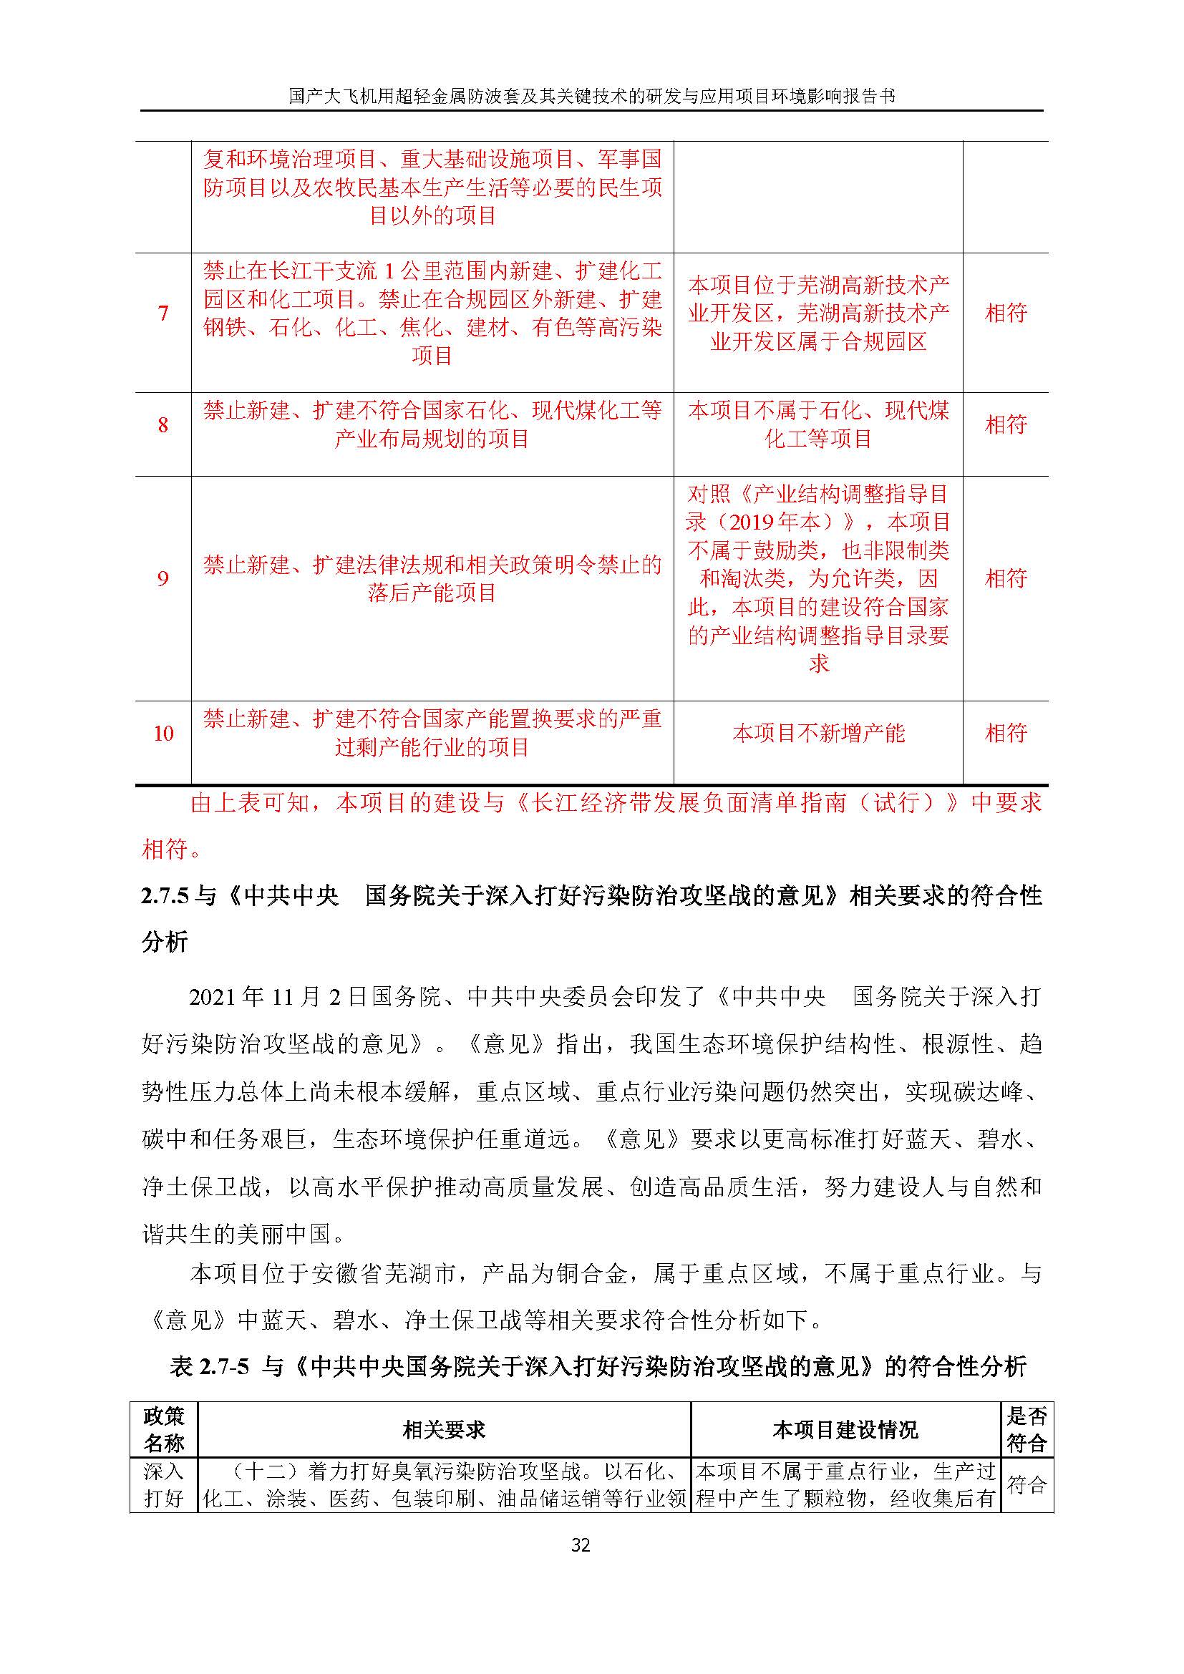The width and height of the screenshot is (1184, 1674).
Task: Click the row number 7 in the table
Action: pyautogui.click(x=163, y=313)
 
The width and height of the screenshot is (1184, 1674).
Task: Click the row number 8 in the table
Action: pyautogui.click(x=163, y=425)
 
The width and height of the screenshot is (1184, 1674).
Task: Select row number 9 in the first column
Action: pyautogui.click(x=163, y=579)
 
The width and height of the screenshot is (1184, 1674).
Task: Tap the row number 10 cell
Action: pyautogui.click(x=163, y=734)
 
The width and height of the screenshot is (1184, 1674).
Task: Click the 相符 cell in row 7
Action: pyautogui.click(x=1005, y=313)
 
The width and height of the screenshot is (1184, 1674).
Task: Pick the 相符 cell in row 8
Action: pyautogui.click(x=1005, y=425)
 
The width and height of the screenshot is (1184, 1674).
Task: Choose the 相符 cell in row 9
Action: pyautogui.click(x=1005, y=579)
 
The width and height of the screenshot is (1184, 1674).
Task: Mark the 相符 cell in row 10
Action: pyautogui.click(x=1005, y=734)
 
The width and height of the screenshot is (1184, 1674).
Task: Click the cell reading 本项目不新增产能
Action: pyautogui.click(x=818, y=734)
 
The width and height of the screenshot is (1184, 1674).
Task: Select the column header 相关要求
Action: pyautogui.click(x=443, y=1430)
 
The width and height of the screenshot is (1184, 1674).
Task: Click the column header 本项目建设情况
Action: pyautogui.click(x=845, y=1430)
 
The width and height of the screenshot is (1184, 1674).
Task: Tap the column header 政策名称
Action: pyautogui.click(x=164, y=1430)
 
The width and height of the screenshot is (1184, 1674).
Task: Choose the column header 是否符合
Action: pyautogui.click(x=1027, y=1430)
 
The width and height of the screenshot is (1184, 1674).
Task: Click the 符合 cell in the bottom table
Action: pyautogui.click(x=1027, y=1484)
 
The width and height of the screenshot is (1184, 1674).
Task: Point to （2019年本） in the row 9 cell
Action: pyautogui.click(x=772, y=522)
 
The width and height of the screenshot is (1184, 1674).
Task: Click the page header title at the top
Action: pyautogui.click(x=591, y=95)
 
